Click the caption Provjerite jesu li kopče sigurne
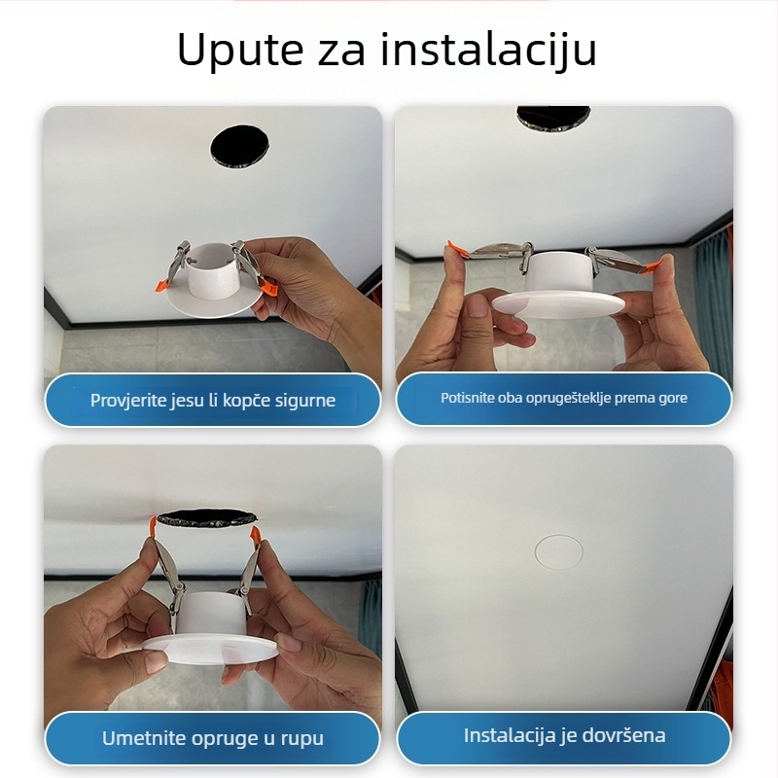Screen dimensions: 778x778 [x=212, y=400]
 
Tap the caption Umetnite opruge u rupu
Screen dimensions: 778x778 [x=212, y=738]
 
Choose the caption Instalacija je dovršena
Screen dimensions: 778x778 [x=564, y=735]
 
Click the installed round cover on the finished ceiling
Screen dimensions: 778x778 [x=559, y=551]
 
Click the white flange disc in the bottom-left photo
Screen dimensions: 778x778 [x=209, y=647]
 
